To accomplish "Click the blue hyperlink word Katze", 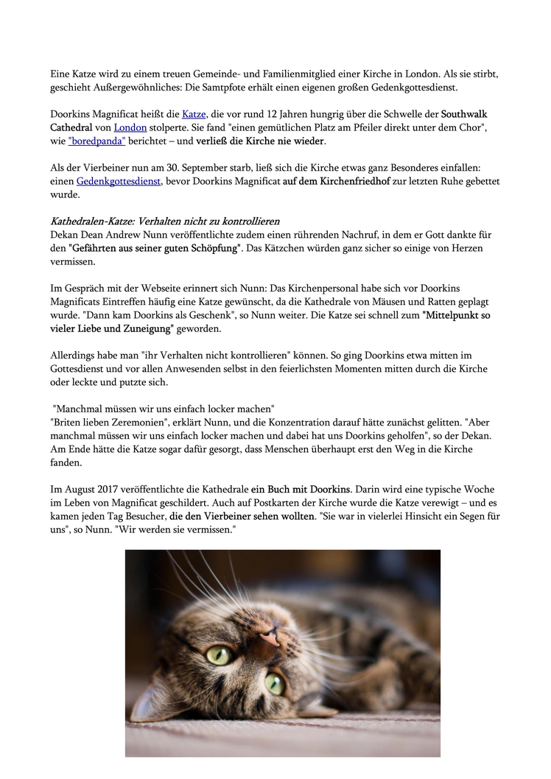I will [194, 114].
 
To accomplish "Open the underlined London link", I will [130, 127].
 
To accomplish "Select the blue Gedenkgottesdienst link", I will [118, 180].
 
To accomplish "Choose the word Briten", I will [69, 422].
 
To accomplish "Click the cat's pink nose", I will [270, 634].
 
